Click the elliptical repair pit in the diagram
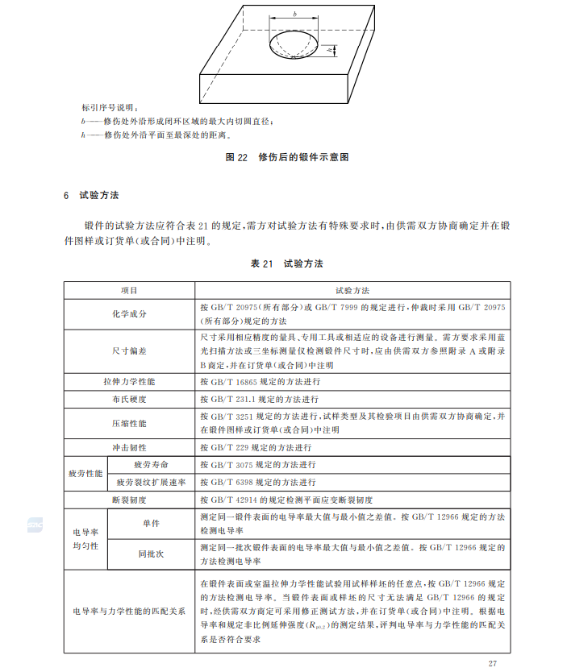pos(293,45)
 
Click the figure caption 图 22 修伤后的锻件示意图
pos(287,158)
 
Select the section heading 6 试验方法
pos(92,196)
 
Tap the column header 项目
pos(129,289)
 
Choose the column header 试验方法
pos(352,289)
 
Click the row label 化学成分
pos(129,313)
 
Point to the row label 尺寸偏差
pos(129,353)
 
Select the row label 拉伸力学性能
pos(129,382)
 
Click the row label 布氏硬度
pos(129,400)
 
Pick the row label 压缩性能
pos(129,423)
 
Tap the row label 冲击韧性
pos(129,447)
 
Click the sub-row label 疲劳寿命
pos(151,465)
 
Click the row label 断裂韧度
pos(129,500)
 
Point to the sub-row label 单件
pos(151,523)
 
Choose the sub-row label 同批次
pos(151,554)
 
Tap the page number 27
pos(493,662)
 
